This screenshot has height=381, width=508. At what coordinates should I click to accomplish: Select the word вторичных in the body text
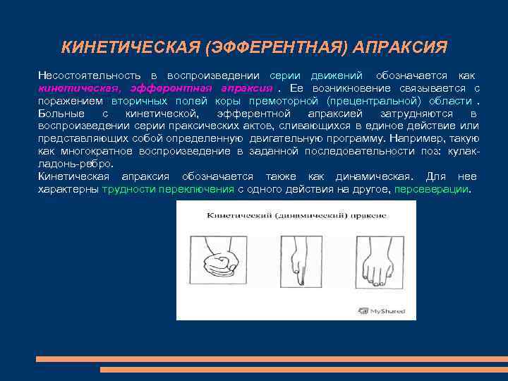click(x=138, y=101)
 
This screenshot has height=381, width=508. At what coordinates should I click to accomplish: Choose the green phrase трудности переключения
click(x=168, y=189)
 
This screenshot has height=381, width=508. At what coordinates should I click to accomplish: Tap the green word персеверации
click(x=431, y=189)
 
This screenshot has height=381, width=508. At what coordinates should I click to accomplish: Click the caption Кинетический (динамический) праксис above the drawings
click(x=296, y=214)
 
